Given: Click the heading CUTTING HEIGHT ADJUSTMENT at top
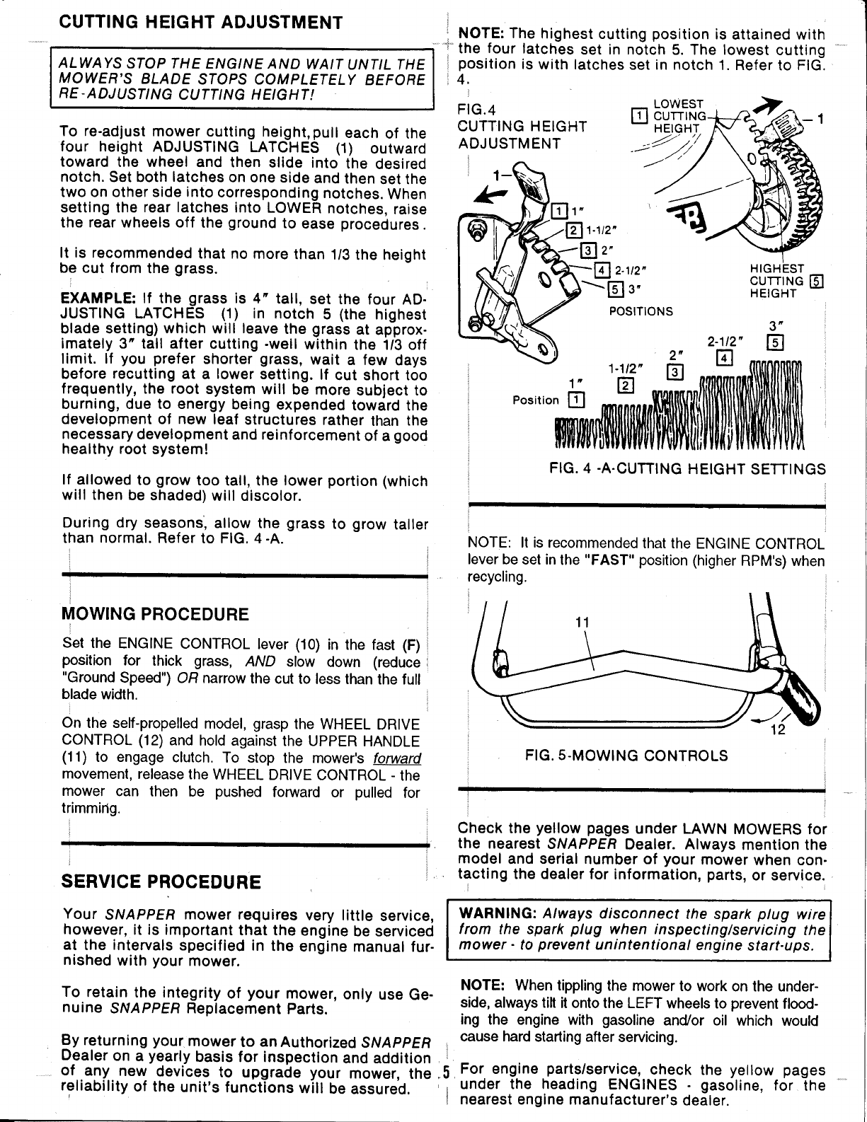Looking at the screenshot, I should pos(200,22).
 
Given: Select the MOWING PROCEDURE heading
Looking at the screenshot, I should pos(156,613).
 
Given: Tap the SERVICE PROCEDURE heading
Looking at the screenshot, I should pos(161,882).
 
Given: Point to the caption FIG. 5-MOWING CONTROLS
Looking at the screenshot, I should pos(626,755).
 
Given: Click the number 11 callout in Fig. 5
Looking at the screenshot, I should pos(582,622).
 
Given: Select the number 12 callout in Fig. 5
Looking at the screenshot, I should pos(778,731).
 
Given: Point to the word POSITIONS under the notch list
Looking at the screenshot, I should pos(641,311).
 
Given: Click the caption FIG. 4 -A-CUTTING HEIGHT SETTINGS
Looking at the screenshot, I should pos(688,469).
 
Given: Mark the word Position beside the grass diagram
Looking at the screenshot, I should pos(536,400).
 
